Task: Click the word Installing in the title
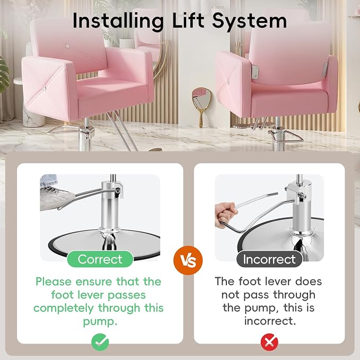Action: [118, 21]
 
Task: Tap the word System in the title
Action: [249, 21]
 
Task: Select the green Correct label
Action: [100, 259]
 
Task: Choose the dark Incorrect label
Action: [269, 259]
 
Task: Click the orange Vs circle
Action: [188, 260]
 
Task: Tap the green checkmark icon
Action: [100, 342]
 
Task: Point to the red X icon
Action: [269, 342]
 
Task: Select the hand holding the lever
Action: [225, 214]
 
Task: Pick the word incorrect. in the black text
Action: [270, 321]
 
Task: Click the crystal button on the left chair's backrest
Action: [67, 46]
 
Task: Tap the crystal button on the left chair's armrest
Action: [45, 88]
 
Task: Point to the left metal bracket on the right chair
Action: [255, 72]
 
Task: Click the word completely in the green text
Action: [64, 309]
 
